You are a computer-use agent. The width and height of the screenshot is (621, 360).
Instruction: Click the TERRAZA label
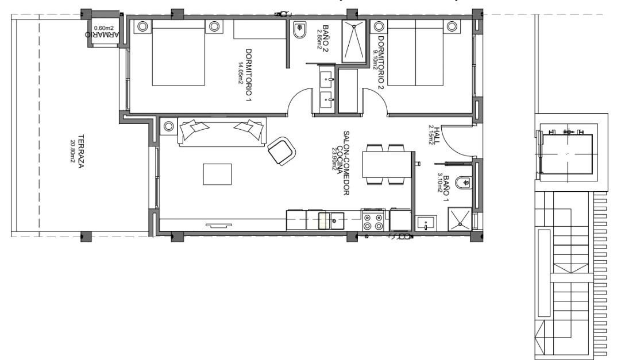coord(82,150)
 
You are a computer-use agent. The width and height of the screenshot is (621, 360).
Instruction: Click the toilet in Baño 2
coord(299,32)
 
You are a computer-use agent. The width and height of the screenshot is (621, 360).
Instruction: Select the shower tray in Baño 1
coord(460,218)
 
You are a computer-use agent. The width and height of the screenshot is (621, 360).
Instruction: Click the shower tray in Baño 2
coord(354,41)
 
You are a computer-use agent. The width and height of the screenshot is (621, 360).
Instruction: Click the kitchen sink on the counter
coord(331,220)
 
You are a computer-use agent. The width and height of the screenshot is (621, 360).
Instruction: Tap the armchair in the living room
coord(282,151)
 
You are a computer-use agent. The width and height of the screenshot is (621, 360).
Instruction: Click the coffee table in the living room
coord(217,174)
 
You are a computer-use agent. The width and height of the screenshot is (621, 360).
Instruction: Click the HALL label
coord(437,134)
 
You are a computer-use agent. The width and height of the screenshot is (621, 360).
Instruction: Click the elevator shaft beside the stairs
coord(566,152)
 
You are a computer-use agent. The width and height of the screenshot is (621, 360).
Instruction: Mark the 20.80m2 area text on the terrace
coord(73,150)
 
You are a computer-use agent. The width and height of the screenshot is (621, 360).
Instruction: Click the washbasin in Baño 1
coord(426,223)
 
